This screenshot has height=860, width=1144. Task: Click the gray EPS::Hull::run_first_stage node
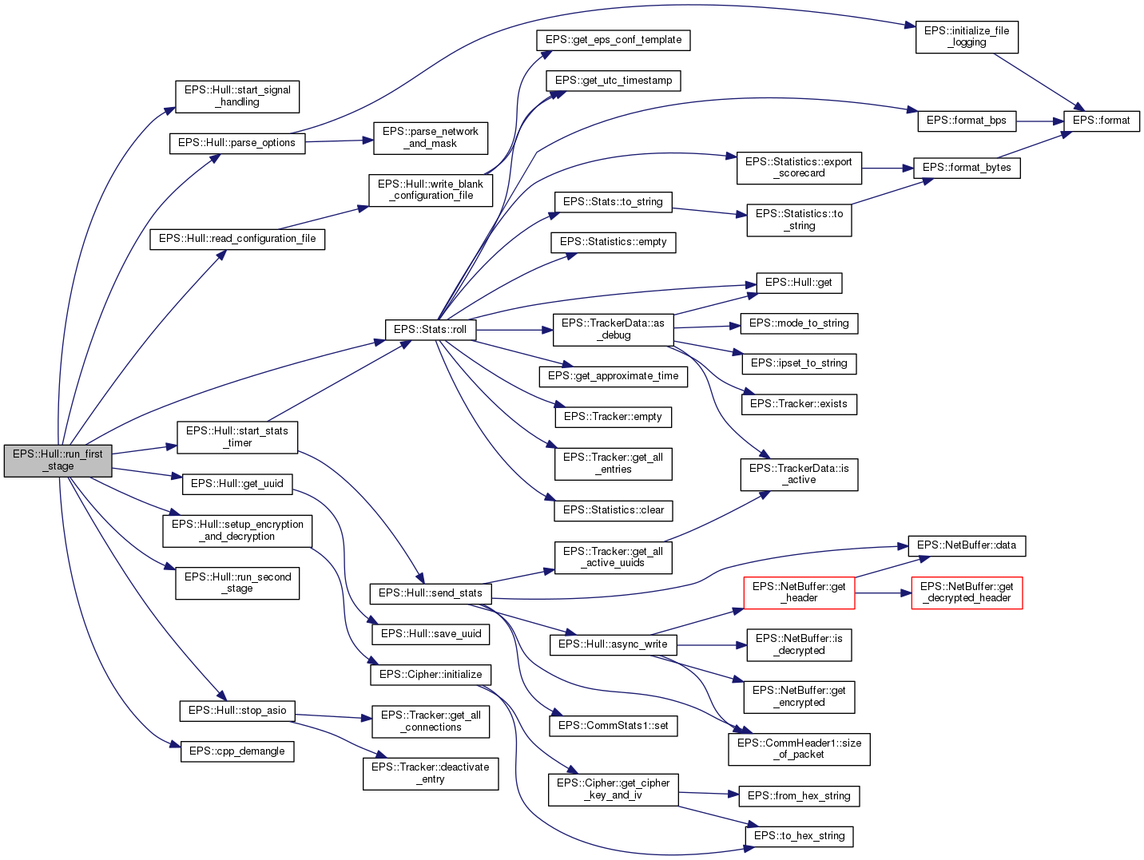coord(58,460)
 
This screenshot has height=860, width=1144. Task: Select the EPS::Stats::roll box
coord(430,330)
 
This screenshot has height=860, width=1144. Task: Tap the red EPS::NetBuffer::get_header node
coord(799,592)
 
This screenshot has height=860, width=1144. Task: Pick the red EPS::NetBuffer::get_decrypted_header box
coord(967,592)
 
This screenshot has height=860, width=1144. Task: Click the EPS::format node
coord(1101,121)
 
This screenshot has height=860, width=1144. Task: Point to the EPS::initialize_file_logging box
coord(967,37)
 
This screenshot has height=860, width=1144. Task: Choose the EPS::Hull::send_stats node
coord(430,593)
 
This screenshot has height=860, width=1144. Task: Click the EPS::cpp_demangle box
coord(236,751)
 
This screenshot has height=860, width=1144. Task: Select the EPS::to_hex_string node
coord(799,836)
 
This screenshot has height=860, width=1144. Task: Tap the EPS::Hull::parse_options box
coord(236,143)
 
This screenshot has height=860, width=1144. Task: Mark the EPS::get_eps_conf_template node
coord(613,40)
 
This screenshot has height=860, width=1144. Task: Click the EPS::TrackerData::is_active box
coord(799,474)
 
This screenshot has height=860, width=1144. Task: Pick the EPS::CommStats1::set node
coord(613,726)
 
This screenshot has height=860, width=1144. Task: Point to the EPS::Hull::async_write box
coord(613,644)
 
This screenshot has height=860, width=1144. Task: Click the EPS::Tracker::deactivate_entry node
coord(431,773)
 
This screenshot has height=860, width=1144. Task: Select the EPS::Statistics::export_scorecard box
coord(798,168)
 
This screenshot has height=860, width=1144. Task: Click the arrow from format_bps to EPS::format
coord(1039,121)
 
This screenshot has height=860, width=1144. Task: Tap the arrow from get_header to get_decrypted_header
coord(883,593)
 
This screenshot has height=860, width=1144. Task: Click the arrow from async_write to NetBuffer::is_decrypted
coord(712,644)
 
